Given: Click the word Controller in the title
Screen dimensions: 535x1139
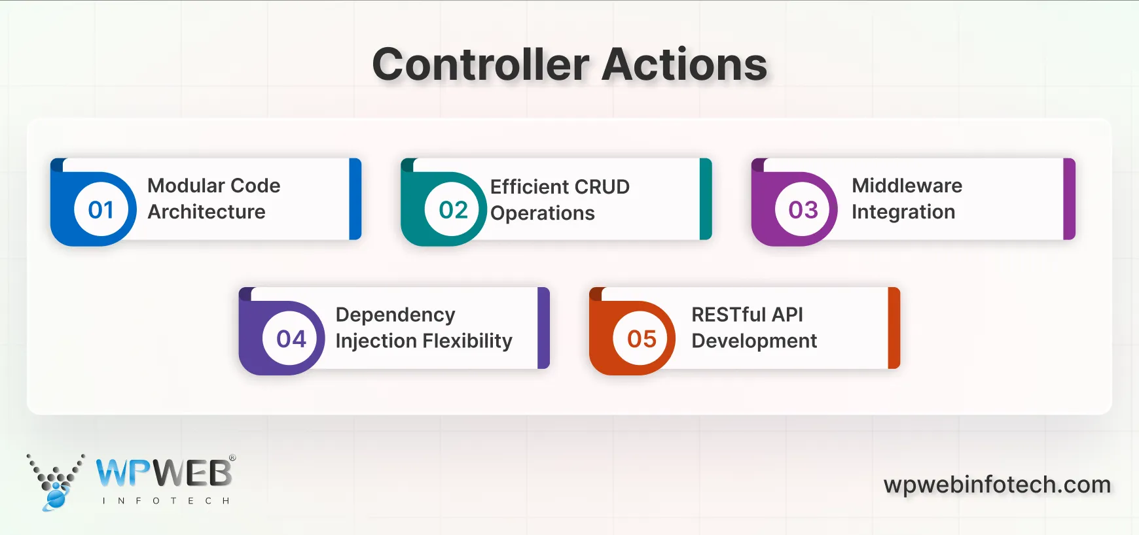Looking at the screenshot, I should tap(481, 65).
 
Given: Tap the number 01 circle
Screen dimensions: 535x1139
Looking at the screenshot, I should tap(101, 210).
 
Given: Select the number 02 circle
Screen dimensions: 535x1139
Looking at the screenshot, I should tap(453, 210).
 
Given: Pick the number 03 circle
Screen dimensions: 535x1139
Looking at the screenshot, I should tap(803, 210).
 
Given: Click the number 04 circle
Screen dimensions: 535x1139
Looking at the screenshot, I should tap(291, 339).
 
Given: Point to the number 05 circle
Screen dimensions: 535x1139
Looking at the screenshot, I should tap(642, 339).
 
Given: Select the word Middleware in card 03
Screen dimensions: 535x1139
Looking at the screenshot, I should tap(907, 186).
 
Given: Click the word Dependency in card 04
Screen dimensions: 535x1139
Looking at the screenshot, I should tap(395, 315).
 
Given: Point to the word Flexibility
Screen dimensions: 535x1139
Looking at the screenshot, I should tap(467, 341).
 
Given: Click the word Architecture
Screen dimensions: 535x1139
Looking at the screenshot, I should tap(206, 212).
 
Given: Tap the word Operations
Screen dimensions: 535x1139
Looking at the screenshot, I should tap(542, 213).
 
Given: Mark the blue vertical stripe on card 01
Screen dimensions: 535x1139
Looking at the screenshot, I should tap(355, 199).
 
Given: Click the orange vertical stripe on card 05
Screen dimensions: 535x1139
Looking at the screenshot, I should tap(894, 328).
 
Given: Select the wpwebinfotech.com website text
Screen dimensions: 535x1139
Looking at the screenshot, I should tap(997, 485).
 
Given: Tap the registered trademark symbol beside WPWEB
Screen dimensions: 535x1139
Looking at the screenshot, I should tap(232, 458).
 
